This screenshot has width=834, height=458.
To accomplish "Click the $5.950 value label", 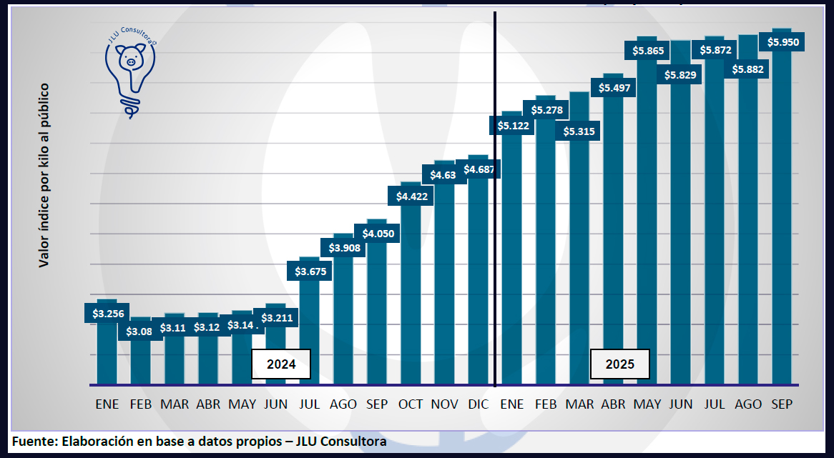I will click(784, 42).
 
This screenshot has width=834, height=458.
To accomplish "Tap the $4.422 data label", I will click(411, 196).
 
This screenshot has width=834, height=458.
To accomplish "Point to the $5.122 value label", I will click(512, 125).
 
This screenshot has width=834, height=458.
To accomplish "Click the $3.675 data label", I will click(309, 271).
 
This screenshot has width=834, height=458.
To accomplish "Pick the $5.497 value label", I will click(614, 87).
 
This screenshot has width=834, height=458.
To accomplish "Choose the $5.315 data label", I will click(579, 131).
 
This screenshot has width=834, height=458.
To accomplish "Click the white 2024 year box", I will click(281, 364).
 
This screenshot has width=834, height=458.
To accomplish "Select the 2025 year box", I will click(619, 364).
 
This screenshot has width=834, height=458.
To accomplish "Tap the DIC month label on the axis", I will click(478, 404).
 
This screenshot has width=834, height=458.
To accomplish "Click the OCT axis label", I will click(411, 404).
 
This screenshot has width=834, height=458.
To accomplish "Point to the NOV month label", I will click(444, 404).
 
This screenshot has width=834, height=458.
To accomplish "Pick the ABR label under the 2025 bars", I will click(613, 404).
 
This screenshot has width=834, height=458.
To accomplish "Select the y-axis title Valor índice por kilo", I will click(44, 175).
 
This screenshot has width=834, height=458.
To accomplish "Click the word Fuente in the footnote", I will click(33, 441).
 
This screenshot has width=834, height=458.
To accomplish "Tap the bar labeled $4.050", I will click(377, 307).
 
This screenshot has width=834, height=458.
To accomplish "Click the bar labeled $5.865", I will click(647, 214).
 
